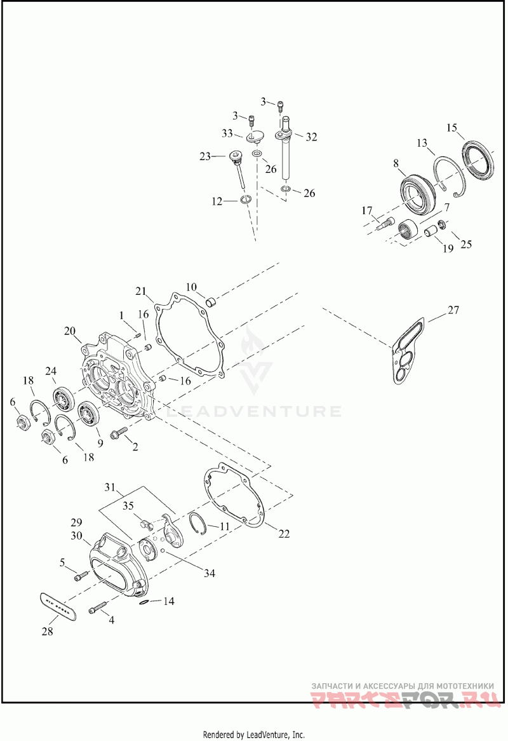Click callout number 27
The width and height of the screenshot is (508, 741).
pyautogui.click(x=453, y=311)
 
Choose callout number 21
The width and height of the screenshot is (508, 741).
pyautogui.click(x=140, y=291)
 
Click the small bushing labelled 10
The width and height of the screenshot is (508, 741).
pyautogui.click(x=212, y=299)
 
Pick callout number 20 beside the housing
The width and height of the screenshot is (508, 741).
pyautogui.click(x=70, y=331)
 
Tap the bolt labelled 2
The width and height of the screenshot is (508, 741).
pyautogui.click(x=118, y=435)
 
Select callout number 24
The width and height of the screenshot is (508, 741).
pyautogui.click(x=51, y=371)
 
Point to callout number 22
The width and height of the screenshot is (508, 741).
pyautogui.click(x=283, y=534)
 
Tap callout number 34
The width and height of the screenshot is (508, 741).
pyautogui.click(x=209, y=573)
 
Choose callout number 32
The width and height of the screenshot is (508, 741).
pyautogui.click(x=311, y=137)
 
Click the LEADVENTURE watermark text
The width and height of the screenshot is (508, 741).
pyautogui.click(x=253, y=411)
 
